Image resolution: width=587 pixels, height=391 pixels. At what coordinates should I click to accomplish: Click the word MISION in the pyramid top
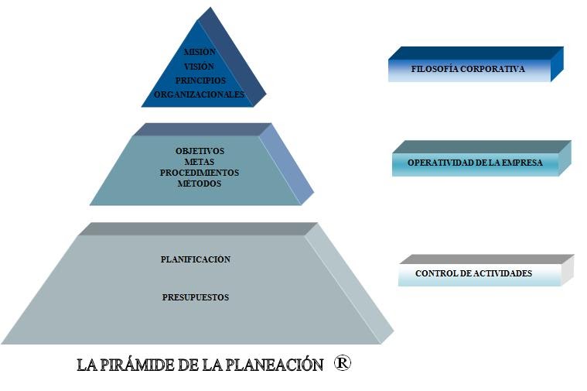click(x=200, y=52)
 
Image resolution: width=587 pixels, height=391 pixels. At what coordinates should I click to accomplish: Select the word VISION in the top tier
click(x=200, y=67)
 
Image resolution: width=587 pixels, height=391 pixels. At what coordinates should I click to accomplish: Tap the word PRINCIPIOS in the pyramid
click(x=200, y=81)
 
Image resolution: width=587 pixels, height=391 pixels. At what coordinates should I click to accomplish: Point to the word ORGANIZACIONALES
click(x=200, y=95)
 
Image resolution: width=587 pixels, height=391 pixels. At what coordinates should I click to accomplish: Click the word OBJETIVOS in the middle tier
click(x=200, y=151)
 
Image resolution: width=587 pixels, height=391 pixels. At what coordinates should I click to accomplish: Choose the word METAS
click(x=200, y=162)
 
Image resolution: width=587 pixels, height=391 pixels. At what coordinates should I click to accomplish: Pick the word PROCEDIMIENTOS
click(x=200, y=173)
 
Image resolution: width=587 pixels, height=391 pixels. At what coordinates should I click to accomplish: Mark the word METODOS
click(x=200, y=183)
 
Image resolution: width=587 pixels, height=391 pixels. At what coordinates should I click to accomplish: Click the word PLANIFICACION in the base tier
click(x=196, y=259)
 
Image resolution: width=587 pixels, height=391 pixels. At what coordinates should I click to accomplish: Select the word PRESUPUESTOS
click(x=196, y=297)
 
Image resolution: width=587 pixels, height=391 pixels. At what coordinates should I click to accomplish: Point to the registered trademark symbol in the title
click(x=343, y=363)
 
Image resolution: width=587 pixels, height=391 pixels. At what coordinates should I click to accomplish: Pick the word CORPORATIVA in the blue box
click(x=495, y=70)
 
